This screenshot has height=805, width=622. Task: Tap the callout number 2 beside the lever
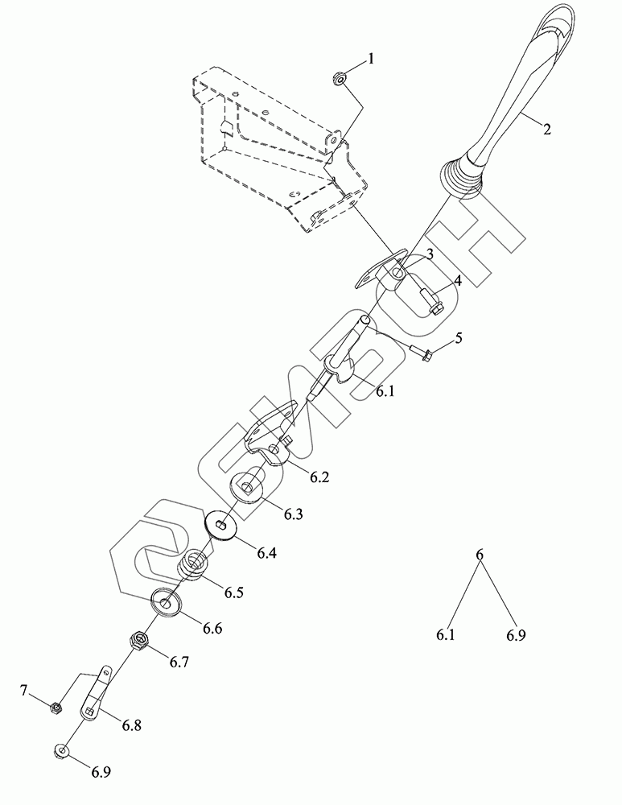(x=546, y=129)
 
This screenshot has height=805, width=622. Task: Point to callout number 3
(x=430, y=254)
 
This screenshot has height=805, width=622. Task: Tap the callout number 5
(x=458, y=338)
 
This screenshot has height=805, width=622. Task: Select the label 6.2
(x=319, y=477)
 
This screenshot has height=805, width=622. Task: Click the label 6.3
(x=292, y=514)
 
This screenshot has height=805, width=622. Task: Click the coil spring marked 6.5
(x=193, y=566)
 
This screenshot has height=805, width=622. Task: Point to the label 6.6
(x=212, y=628)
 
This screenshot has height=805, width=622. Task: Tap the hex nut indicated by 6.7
(x=139, y=641)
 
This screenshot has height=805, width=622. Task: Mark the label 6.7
(x=179, y=662)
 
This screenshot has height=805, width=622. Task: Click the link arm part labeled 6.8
(x=96, y=693)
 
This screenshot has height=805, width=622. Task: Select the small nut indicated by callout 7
(x=56, y=708)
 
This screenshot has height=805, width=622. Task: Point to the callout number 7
(x=24, y=690)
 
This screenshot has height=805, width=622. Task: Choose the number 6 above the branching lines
(x=480, y=555)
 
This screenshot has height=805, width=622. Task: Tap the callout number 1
(x=371, y=58)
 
